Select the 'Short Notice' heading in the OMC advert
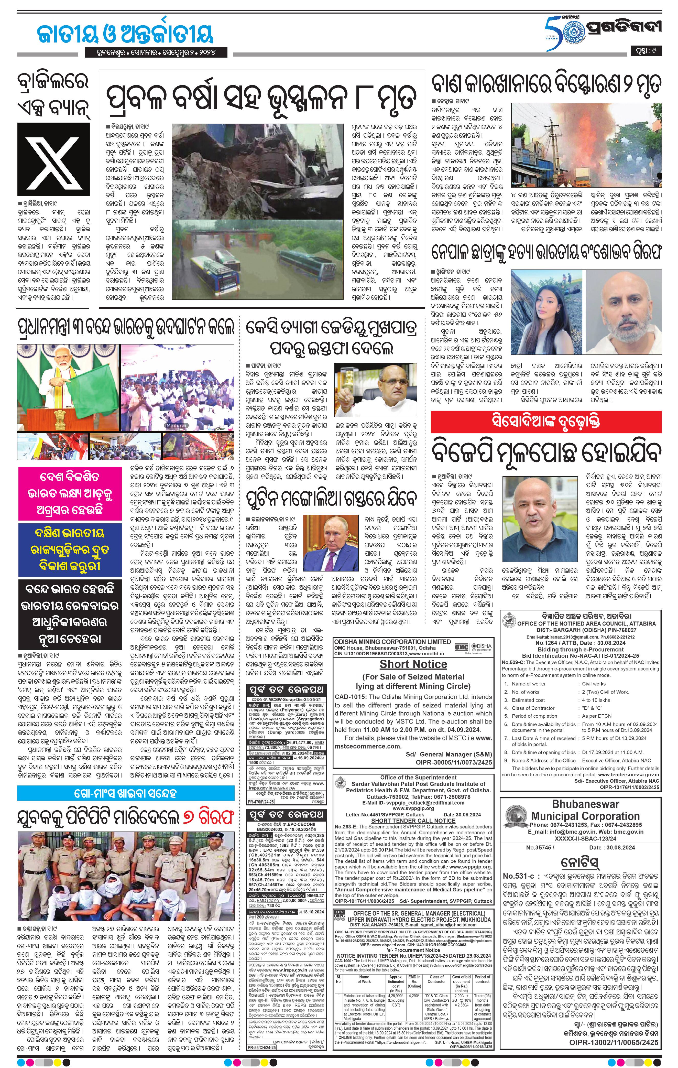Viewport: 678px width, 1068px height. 413,664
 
